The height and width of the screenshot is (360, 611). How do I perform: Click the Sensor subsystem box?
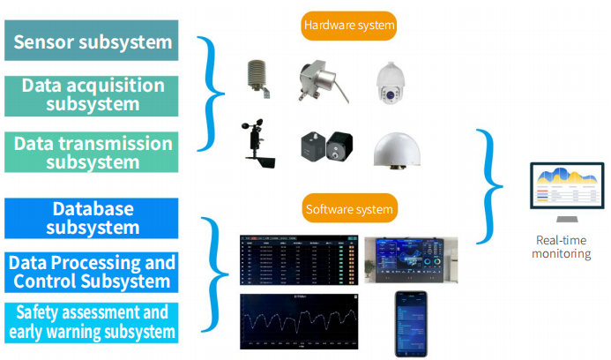point(91,41)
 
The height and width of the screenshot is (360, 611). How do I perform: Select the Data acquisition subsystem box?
point(91,95)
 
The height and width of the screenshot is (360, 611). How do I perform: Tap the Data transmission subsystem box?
point(91,151)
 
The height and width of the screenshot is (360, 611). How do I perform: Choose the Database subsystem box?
point(91,217)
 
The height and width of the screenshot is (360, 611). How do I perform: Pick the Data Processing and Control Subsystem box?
point(91,272)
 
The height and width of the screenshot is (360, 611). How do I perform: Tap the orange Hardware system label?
point(348,26)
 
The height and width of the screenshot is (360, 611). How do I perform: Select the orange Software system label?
point(348,209)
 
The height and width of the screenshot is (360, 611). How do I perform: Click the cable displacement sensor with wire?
point(318,82)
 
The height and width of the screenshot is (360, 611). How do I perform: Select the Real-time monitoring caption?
point(563,246)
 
